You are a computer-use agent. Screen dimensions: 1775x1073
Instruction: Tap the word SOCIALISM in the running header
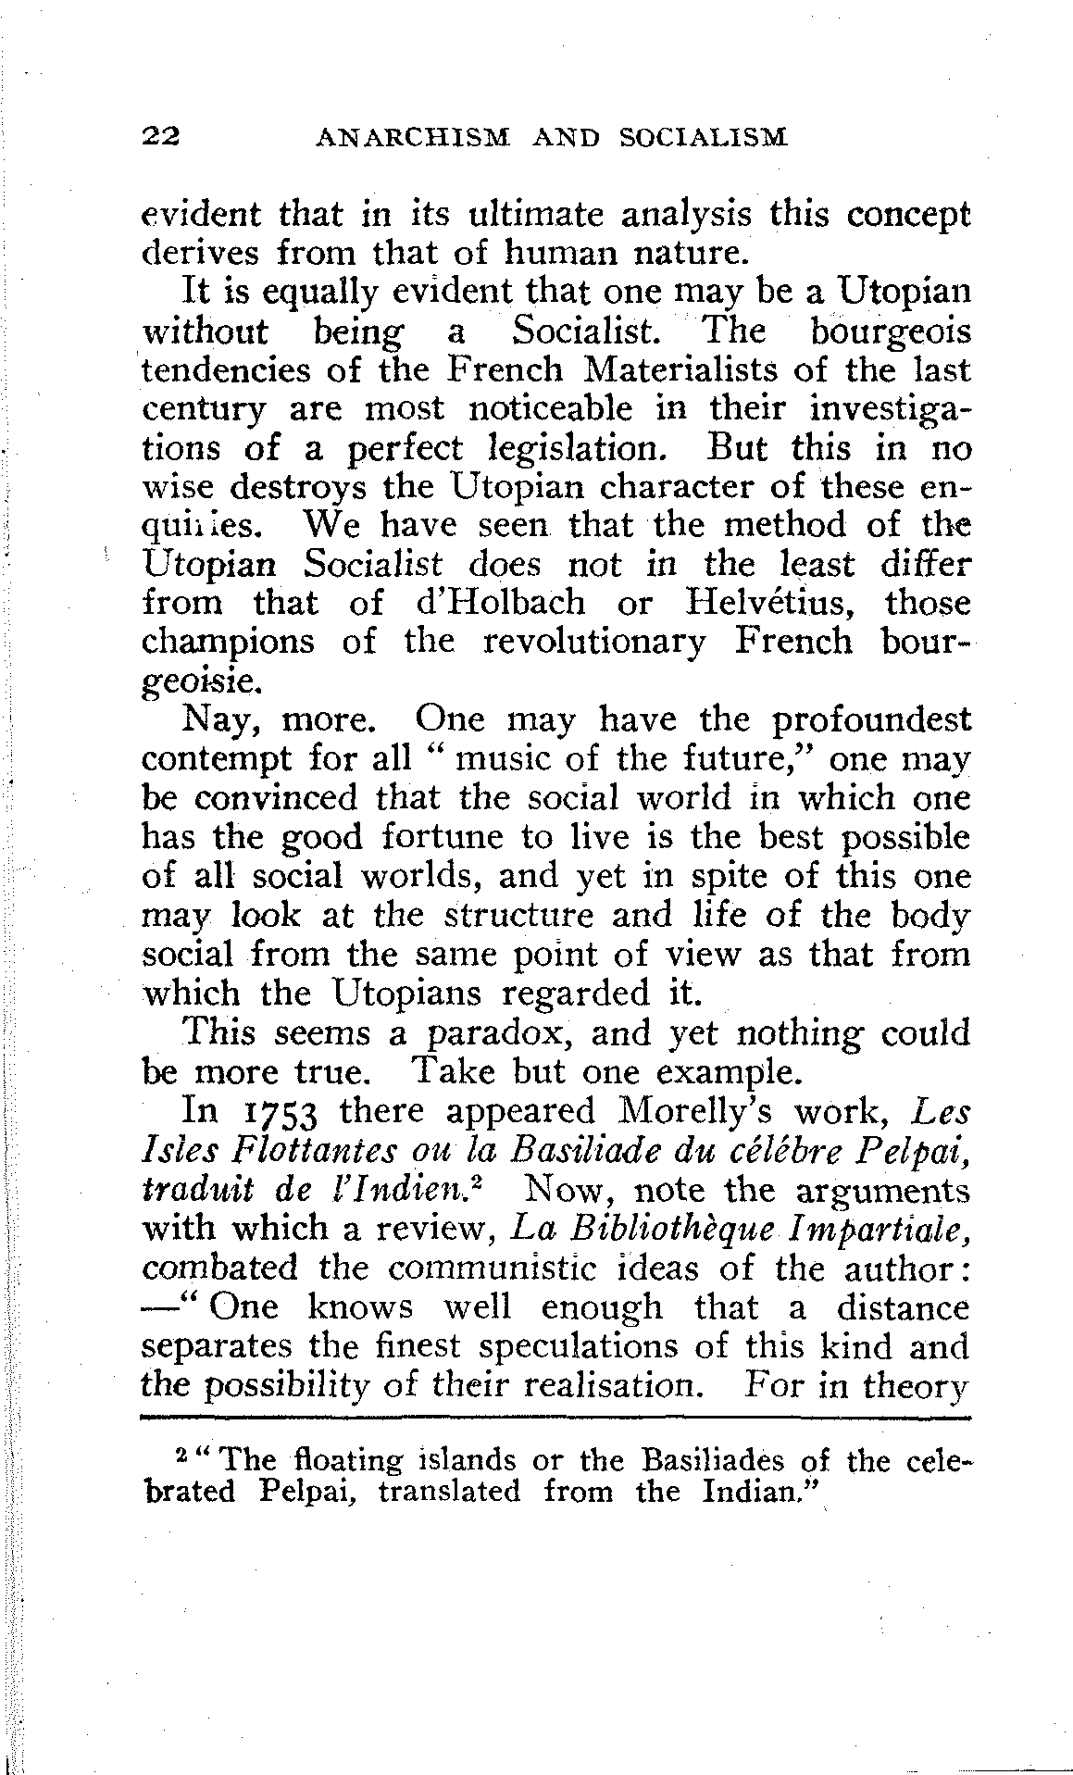pos(703,138)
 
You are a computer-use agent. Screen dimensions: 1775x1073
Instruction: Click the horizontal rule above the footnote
pos(554,1418)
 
